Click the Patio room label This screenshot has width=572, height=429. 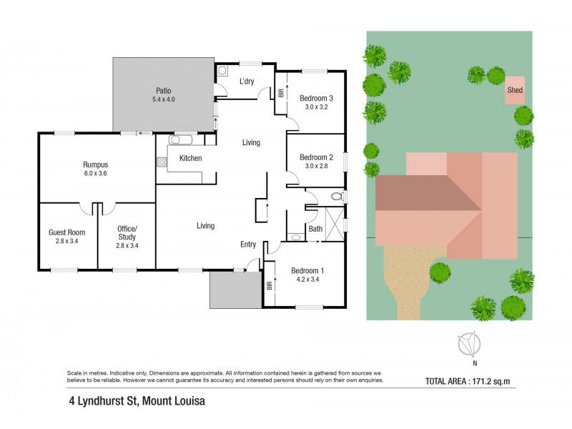(163, 91)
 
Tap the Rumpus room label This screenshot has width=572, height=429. (95, 164)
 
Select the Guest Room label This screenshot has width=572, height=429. (66, 232)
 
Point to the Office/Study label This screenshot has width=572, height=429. (127, 233)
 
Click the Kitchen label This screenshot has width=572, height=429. (190, 158)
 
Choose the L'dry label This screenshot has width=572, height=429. (247, 82)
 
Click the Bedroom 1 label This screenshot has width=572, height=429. (307, 270)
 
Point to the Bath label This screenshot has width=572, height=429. (315, 229)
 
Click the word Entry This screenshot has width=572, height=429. (248, 245)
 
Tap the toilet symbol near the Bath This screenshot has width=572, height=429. (337, 196)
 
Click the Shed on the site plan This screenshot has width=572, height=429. (514, 91)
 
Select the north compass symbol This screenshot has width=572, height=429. (469, 345)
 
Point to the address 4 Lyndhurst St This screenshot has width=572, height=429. (132, 401)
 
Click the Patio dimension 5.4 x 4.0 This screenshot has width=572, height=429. (163, 99)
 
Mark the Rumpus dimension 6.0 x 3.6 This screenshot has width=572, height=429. (95, 173)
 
